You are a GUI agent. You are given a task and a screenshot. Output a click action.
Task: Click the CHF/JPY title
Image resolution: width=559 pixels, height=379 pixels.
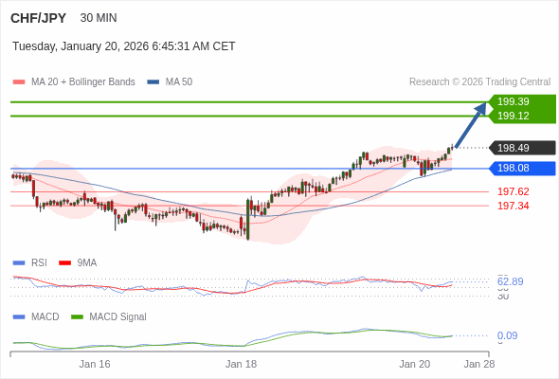pos(39,18)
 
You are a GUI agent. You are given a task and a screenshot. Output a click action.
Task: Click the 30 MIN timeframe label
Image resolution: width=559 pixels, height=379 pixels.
pos(99,18)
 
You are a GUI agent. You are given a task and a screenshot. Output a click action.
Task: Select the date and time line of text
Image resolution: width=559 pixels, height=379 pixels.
pos(124,46)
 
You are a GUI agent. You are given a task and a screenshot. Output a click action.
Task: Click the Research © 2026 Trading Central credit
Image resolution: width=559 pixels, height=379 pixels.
pos(479,81)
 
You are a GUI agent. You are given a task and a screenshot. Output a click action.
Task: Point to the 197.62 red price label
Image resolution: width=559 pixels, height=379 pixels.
pos(514,191)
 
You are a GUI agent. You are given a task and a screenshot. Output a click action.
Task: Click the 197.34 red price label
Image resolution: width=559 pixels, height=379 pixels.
pos(514,206)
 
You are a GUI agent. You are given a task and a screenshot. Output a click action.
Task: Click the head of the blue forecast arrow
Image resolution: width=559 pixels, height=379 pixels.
pos(482,107)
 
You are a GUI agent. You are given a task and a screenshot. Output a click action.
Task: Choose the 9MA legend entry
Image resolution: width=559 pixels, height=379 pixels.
pos(86,262)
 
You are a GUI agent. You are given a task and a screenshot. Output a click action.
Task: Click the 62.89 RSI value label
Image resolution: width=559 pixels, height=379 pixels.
pos(510,281)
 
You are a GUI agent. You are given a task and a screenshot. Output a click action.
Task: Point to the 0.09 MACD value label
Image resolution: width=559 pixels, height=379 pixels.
pos(507,335)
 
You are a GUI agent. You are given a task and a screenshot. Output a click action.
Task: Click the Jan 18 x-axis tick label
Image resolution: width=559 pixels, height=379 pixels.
pos(242,363)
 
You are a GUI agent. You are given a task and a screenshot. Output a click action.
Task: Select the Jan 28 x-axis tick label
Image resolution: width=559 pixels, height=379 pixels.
pos(478,363)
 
